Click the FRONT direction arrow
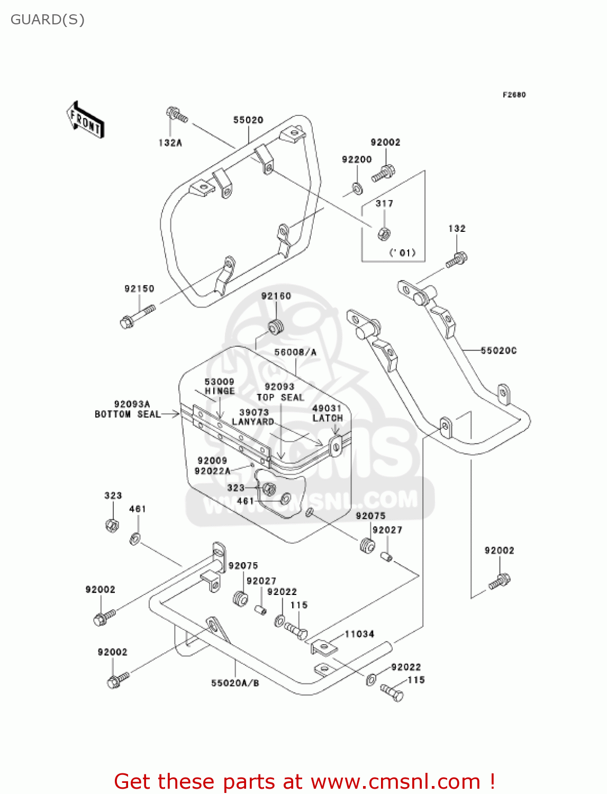[85, 120]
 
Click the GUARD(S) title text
[48, 20]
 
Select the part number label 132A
[170, 142]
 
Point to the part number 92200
[357, 159]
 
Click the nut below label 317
[385, 233]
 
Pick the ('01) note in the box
[403, 252]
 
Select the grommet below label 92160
[276, 327]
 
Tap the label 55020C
[499, 350]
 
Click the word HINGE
[220, 391]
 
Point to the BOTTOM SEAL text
[128, 414]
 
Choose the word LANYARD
[253, 422]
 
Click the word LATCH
[328, 418]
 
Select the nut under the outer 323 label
[112, 525]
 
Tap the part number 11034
[359, 634]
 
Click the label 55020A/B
[235, 683]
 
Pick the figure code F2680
[514, 95]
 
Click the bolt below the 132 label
[456, 260]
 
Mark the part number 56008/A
[295, 352]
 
